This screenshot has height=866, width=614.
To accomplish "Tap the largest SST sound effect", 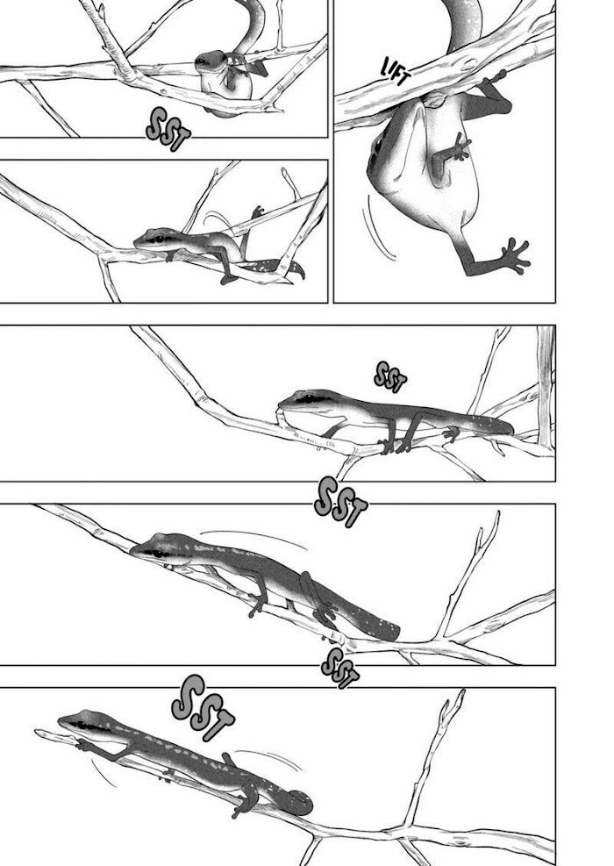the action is (x=203, y=709).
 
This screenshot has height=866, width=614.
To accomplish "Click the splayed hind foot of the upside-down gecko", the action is (x=513, y=255).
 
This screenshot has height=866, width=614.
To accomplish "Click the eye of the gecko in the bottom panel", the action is (x=82, y=725).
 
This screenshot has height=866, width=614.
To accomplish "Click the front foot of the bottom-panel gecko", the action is (x=82, y=745).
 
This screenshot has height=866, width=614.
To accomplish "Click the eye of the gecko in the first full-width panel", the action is (x=305, y=399).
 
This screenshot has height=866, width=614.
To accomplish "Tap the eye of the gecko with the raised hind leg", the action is (x=159, y=240).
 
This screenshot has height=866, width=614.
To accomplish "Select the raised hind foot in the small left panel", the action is (x=258, y=212).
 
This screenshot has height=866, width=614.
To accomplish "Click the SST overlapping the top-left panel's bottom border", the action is (x=168, y=130).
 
